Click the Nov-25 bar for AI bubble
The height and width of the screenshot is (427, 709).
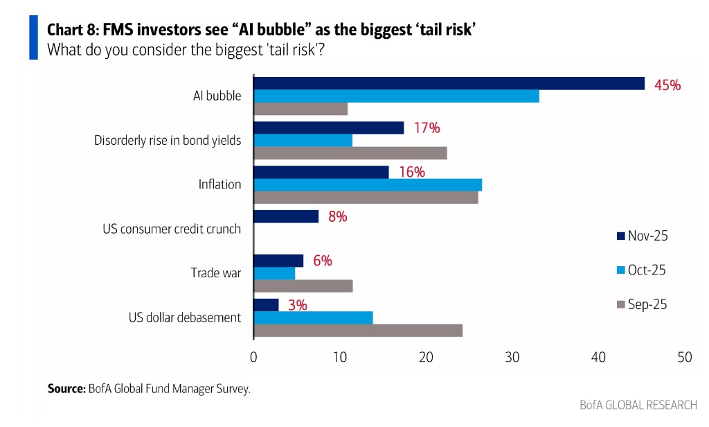pos(449,84)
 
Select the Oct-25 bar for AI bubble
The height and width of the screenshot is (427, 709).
pos(396,96)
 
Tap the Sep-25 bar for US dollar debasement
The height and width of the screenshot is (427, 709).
pos(358,330)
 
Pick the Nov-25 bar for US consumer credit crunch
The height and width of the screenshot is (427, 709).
pos(286,216)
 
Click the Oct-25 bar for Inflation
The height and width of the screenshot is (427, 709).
pos(368,184)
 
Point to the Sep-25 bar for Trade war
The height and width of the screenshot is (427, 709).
pos(303,286)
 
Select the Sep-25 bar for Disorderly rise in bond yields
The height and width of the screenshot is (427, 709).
pos(350,153)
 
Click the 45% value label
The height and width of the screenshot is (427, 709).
pos(667,85)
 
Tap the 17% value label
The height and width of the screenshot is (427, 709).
pos(427,128)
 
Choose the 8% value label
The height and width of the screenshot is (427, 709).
pos(337,216)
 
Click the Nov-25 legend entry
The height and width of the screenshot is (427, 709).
pos(641,236)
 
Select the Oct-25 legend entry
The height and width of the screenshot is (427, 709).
pos(641,270)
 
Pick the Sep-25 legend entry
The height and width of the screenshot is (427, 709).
pos(641,304)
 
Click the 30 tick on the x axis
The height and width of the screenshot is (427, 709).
pos(512,357)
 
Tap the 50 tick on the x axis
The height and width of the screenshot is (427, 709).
pos(684,357)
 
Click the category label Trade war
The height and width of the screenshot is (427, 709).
pos(216,273)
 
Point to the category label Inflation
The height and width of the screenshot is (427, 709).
pos(219,184)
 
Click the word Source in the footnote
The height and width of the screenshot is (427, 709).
pos(66,389)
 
